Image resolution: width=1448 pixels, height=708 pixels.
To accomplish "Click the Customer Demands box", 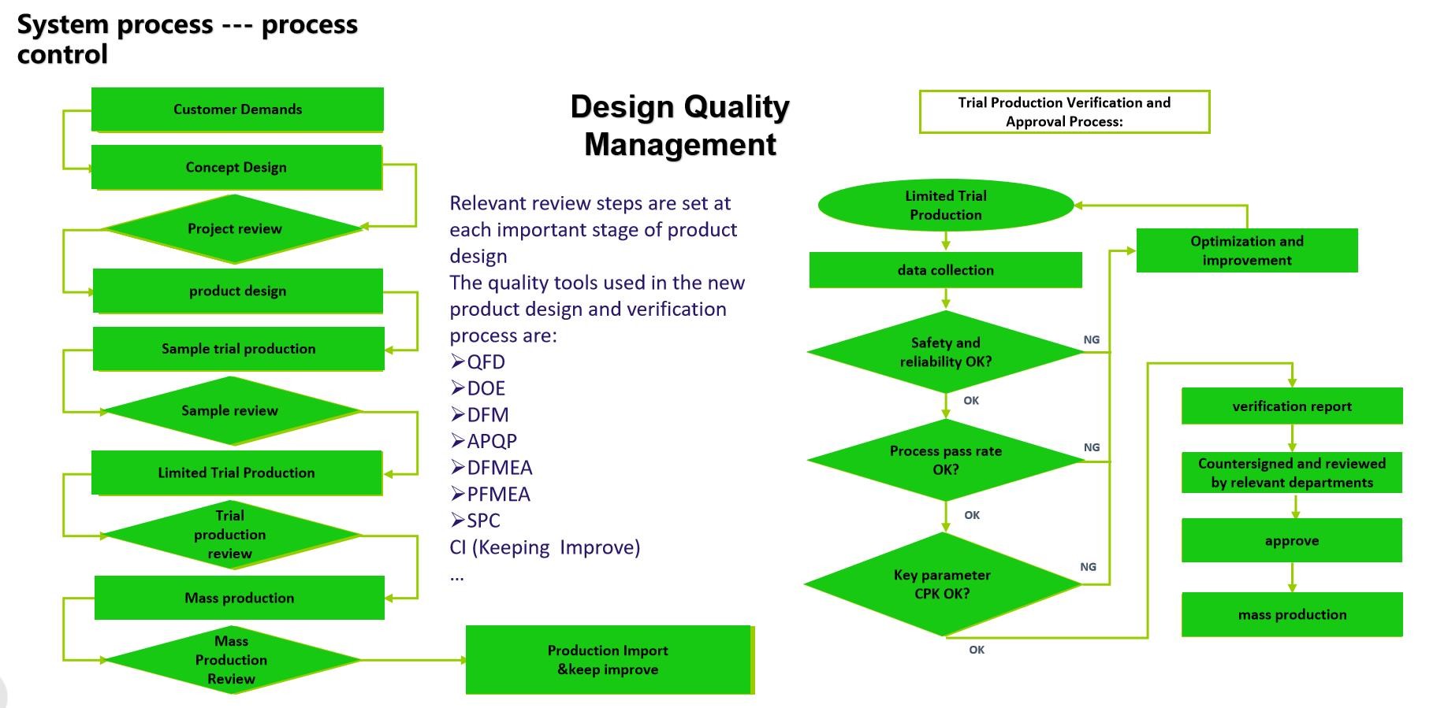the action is coord(237,109).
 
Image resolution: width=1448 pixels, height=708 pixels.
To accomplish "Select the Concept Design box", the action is coord(236,167).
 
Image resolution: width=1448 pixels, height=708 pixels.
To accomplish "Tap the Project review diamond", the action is coord(234,228).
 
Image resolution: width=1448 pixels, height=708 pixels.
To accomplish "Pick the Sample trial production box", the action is coord(238,349).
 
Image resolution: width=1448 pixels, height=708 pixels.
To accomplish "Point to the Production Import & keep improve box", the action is coord(610,660).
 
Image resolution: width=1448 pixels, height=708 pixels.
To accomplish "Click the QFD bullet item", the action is coord(478,361).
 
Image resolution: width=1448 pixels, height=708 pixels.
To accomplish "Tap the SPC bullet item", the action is coord(475,521).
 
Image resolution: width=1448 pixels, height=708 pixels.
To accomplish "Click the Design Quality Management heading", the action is coord(680,125).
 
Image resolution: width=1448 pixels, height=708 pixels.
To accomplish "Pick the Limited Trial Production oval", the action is coord(946,205).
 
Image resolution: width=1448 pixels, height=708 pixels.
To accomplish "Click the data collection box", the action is coord(946,270).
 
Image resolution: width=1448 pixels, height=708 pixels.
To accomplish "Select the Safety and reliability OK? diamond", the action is coord(946,352).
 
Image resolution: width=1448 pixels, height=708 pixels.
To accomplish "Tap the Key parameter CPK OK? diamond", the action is coord(943,584).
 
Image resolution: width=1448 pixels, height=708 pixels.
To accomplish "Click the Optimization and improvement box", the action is coord(1247,250).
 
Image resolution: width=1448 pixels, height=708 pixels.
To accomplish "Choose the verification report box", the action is coord(1292,406).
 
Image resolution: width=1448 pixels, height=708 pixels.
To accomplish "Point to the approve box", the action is coord(1292,540).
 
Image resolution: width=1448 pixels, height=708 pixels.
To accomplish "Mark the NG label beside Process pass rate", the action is coord(1092,447).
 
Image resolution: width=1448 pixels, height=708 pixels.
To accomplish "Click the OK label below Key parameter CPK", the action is coord(977,650).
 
